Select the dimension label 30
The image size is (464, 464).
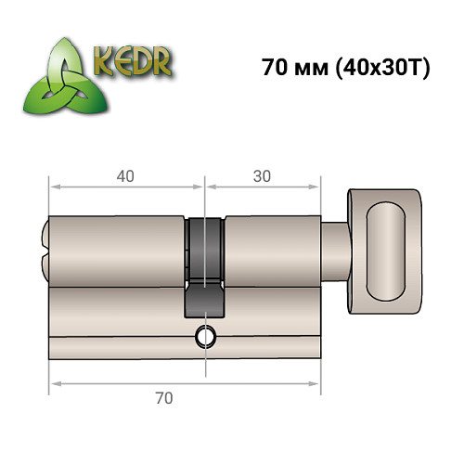pyautogui.click(x=262, y=174)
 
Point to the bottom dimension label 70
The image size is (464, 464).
pyautogui.click(x=164, y=399)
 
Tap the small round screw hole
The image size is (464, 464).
pyautogui.click(x=202, y=336)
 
